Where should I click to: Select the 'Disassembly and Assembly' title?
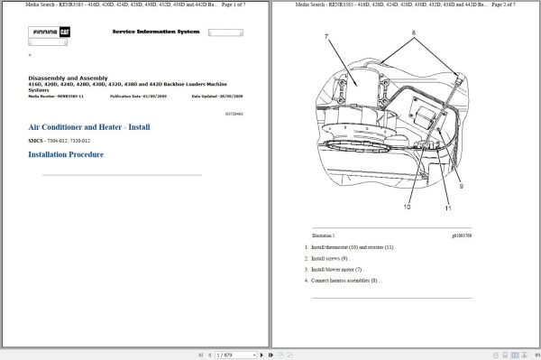(x=69, y=78)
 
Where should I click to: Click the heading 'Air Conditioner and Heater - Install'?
(x=88, y=129)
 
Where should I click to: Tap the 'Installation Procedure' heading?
(x=66, y=154)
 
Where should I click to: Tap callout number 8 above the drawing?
(x=414, y=32)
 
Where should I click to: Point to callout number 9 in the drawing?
(x=461, y=187)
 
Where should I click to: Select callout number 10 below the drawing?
(x=407, y=208)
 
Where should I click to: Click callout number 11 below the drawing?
(x=446, y=208)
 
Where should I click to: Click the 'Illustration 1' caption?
(x=323, y=234)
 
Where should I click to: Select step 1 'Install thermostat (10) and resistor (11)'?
(x=353, y=246)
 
